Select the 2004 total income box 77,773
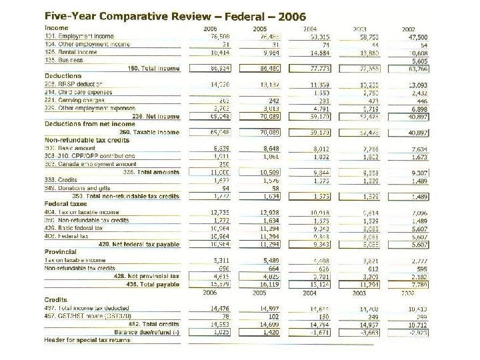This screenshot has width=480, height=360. pyautogui.click(x=322, y=69)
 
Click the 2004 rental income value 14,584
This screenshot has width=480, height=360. pyautogui.click(x=322, y=52)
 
